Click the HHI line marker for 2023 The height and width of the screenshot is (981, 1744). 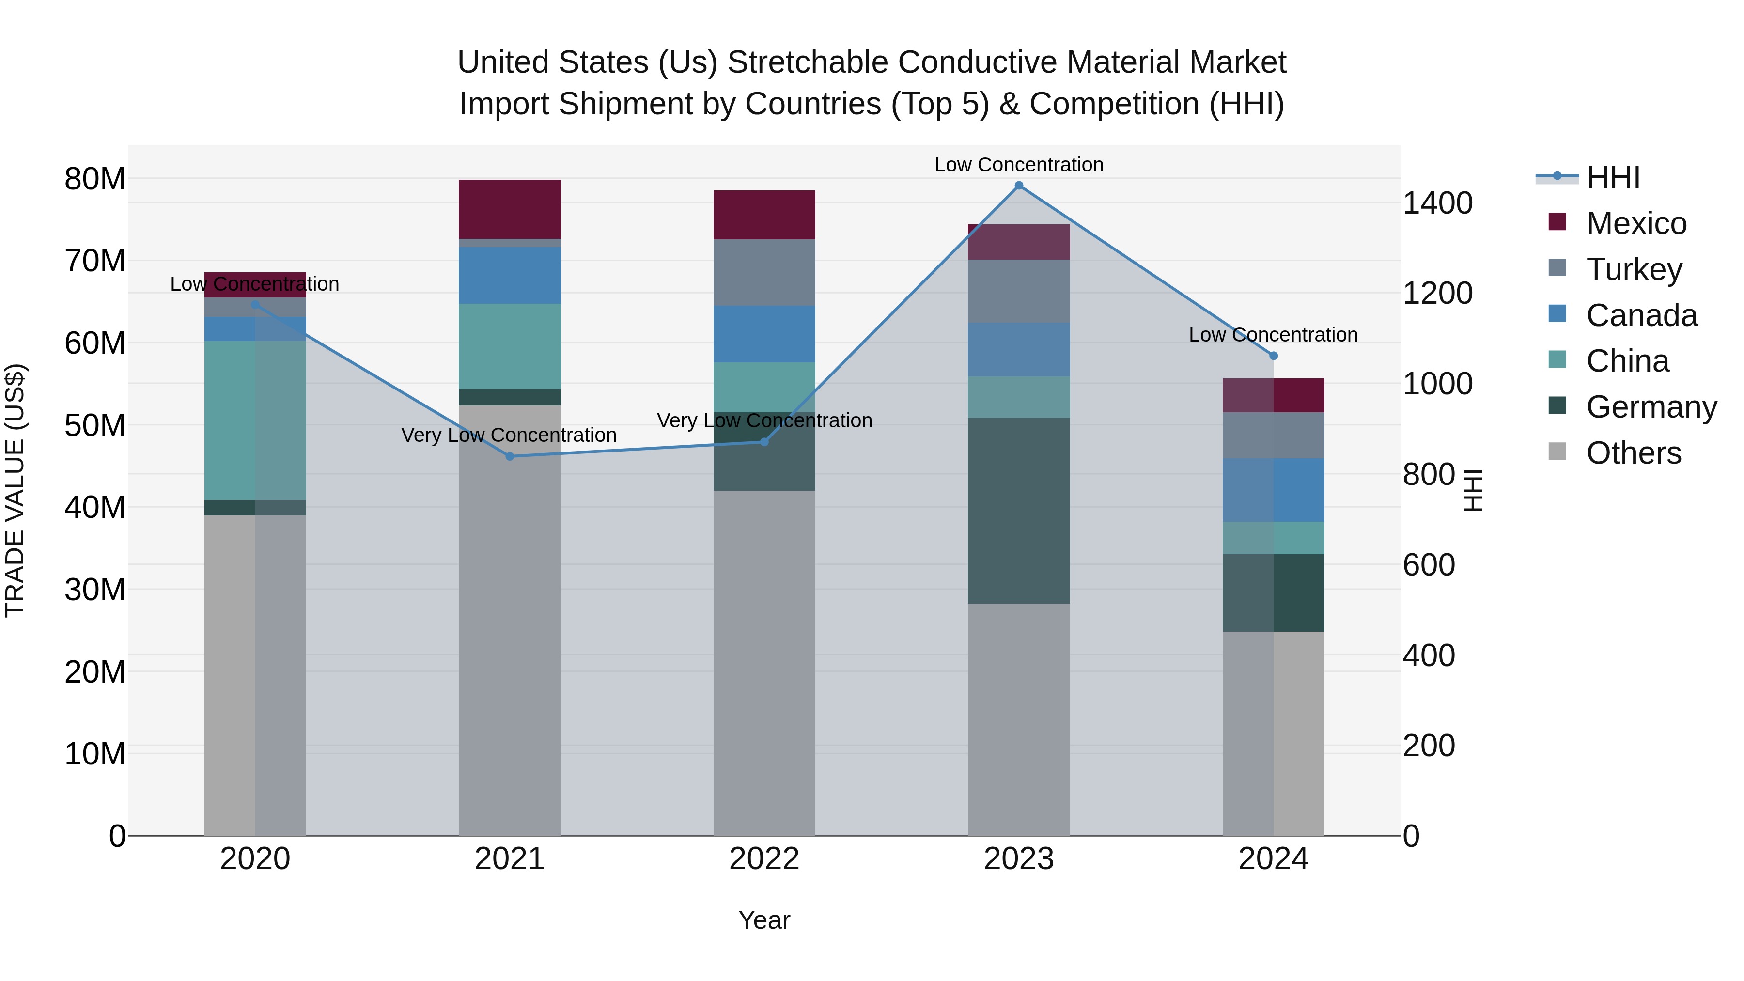pos(1018,186)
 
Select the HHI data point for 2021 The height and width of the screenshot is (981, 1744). pos(510,456)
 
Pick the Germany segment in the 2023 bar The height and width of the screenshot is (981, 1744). pos(1018,511)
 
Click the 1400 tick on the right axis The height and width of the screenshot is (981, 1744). pos(1437,203)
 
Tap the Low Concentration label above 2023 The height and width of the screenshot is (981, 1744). pos(1018,165)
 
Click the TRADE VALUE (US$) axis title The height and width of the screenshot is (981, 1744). pos(15,490)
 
